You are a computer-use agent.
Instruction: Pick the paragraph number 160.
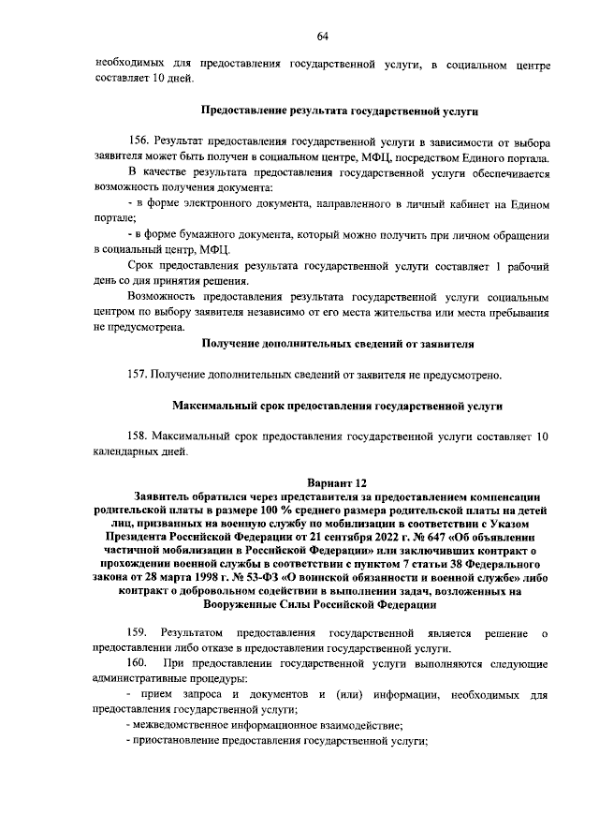[x=139, y=664]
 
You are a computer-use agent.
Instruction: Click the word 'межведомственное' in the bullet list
[x=181, y=726]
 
